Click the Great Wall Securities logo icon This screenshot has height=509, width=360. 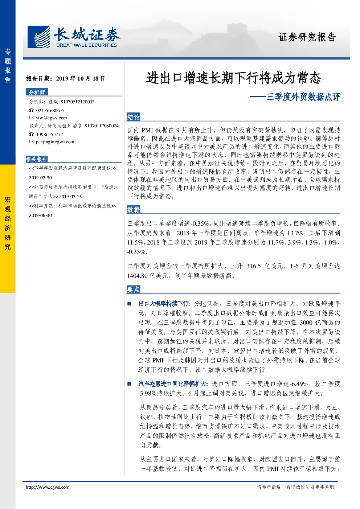pyautogui.click(x=38, y=37)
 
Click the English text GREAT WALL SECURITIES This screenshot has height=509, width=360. pyautogui.click(x=86, y=45)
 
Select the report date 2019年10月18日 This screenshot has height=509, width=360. pyautogui.click(x=81, y=79)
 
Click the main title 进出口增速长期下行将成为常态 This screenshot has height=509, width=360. pyautogui.click(x=233, y=78)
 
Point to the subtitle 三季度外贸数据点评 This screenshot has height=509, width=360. pyautogui.click(x=303, y=97)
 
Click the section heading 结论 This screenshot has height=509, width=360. pyautogui.click(x=134, y=117)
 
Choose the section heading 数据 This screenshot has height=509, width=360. pyautogui.click(x=134, y=209)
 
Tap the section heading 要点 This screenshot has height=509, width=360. pyautogui.click(x=134, y=290)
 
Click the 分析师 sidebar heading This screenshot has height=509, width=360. pyautogui.click(x=37, y=92)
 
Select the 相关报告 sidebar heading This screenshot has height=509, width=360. pyautogui.click(x=37, y=159)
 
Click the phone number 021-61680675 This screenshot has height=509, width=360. pyautogui.click(x=50, y=110)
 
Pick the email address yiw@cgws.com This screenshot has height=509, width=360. pyautogui.click(x=52, y=118)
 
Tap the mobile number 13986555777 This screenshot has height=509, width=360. pyautogui.click(x=50, y=134)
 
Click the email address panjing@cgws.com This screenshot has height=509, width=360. pyautogui.click(x=55, y=142)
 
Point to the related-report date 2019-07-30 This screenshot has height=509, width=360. pyautogui.click(x=40, y=178)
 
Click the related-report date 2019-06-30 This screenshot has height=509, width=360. pyautogui.click(x=40, y=215)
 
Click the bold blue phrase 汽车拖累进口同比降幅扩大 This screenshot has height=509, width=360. pyautogui.click(x=173, y=384)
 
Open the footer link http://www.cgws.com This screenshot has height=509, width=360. pyautogui.click(x=48, y=487)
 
